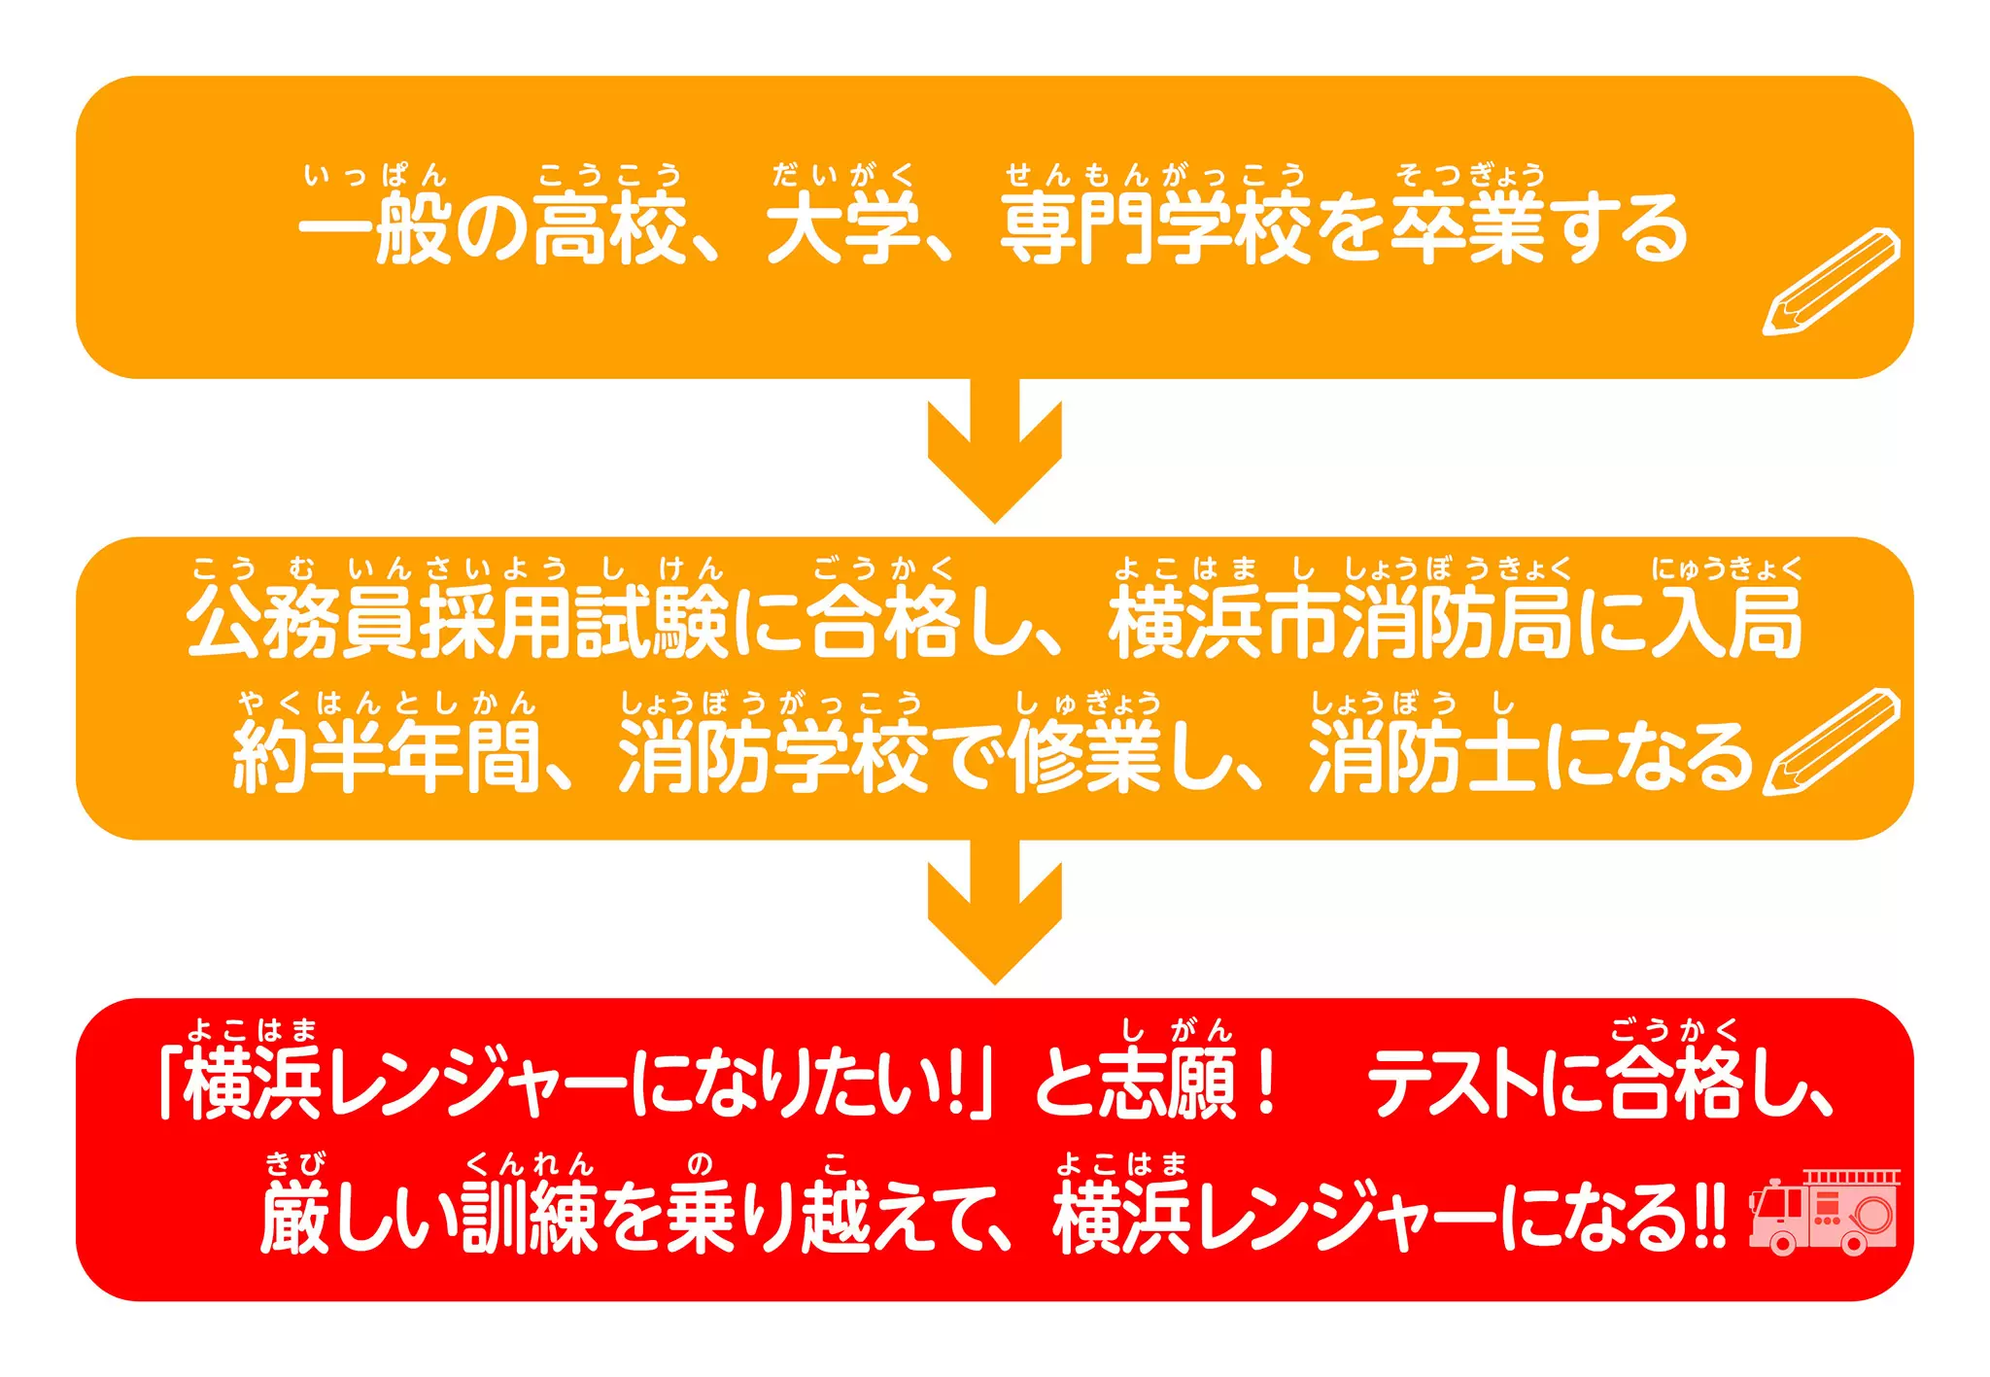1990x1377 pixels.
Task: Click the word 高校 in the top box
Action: click(x=610, y=229)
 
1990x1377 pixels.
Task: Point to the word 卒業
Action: click(x=1467, y=229)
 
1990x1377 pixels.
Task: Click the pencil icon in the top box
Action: click(x=1832, y=281)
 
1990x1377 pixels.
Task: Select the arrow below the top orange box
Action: click(x=994, y=451)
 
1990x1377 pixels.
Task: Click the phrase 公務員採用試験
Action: click(x=457, y=623)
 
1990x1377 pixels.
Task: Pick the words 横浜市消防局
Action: click(x=1340, y=623)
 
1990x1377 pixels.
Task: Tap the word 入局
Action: click(x=1727, y=623)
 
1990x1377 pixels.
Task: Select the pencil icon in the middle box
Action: click(x=1832, y=741)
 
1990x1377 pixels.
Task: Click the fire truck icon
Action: click(x=1824, y=1212)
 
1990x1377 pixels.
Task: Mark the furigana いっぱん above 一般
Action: click(x=374, y=176)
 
